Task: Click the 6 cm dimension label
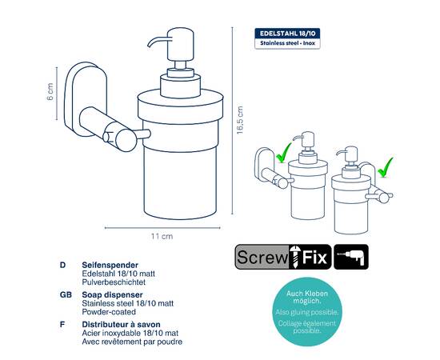(x=50, y=92)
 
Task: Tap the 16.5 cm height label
(x=240, y=120)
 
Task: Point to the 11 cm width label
(x=162, y=236)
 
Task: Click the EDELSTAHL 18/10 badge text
(x=288, y=34)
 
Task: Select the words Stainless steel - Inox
(x=288, y=43)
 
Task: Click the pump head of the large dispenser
(x=181, y=44)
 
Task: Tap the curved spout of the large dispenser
(x=158, y=42)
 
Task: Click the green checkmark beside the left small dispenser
(x=283, y=154)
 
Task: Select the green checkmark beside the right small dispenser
(x=386, y=168)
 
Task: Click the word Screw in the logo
(x=262, y=257)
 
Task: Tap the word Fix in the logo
(x=314, y=257)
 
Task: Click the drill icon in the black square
(x=351, y=257)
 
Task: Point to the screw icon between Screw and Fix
(x=294, y=257)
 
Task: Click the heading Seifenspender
(x=110, y=265)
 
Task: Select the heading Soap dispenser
(x=112, y=295)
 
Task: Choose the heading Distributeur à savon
(x=122, y=325)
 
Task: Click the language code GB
(x=66, y=295)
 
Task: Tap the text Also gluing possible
(x=307, y=312)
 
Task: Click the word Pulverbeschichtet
(x=114, y=282)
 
